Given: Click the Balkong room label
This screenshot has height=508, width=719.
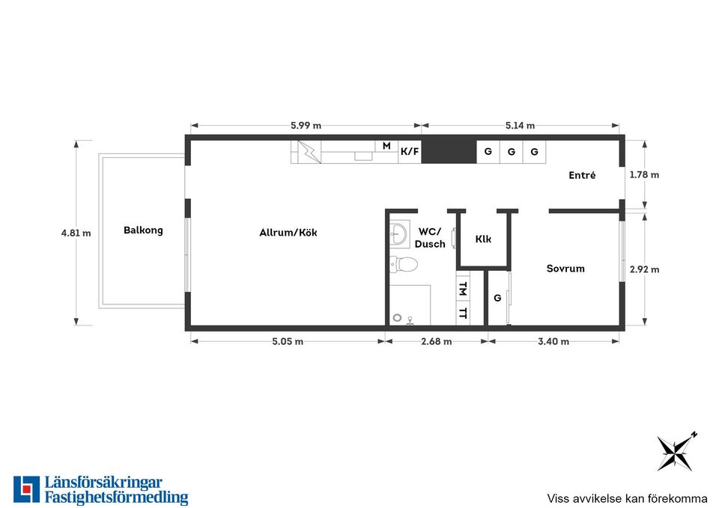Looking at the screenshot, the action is (143, 230).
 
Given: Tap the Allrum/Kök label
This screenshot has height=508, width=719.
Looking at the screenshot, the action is (288, 232).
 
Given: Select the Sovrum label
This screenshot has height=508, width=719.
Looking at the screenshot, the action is (565, 269).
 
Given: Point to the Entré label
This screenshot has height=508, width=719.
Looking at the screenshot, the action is (582, 175).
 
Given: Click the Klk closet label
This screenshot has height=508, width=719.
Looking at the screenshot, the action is (483, 239).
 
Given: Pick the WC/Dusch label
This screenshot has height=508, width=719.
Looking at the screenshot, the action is (430, 238).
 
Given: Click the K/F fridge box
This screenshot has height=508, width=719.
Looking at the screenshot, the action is (410, 152).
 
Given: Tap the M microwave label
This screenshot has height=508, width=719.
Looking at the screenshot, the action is (386, 146).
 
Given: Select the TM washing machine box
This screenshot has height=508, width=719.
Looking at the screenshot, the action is (463, 288).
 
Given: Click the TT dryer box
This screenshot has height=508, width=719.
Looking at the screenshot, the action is (463, 313).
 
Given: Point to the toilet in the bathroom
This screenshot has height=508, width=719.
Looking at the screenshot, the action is (404, 264).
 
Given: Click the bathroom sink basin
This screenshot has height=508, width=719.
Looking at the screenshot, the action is (398, 233).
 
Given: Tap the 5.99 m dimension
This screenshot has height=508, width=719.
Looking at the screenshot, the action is (306, 126).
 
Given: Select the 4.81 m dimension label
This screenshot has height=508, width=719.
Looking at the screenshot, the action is (76, 233).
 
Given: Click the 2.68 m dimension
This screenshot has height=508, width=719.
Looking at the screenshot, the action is (437, 341).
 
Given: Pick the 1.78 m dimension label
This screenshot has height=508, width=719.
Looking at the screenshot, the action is (644, 174).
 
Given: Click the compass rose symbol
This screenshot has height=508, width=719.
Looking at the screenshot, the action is (676, 452).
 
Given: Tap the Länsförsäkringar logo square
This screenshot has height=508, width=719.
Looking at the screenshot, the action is (27, 489).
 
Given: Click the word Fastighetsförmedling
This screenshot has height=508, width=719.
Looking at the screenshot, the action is (117, 497).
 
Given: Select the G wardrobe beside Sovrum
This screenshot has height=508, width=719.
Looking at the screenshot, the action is (497, 299).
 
